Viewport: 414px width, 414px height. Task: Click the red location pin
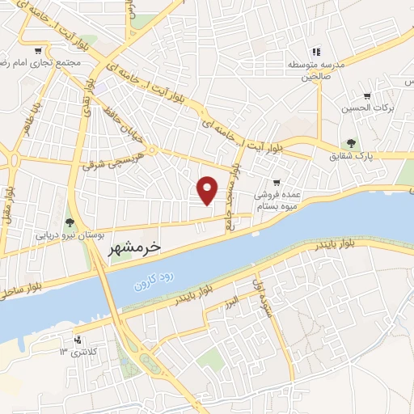click(209, 189)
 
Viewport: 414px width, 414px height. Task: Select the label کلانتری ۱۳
click(79, 353)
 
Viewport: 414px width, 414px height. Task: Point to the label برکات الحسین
click(382, 108)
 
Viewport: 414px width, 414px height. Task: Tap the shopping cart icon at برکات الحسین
click(366, 95)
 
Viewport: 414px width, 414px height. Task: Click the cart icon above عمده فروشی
click(277, 183)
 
